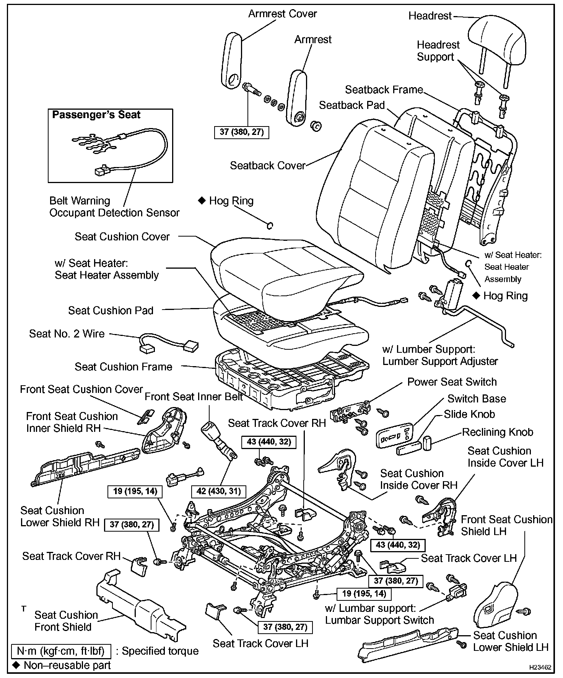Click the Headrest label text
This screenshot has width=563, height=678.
[x=430, y=16]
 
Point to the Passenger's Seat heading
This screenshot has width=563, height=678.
[x=96, y=115]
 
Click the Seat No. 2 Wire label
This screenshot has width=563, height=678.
[x=67, y=334]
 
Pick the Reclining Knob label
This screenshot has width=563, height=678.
[x=497, y=432]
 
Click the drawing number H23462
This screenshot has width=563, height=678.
[x=540, y=667]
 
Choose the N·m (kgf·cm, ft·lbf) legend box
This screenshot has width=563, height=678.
[x=61, y=651]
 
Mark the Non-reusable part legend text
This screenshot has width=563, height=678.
[x=67, y=665]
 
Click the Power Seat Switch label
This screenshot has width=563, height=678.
[x=452, y=382]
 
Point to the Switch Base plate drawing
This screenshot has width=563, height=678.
[x=394, y=435]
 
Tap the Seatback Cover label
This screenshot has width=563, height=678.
[x=267, y=165]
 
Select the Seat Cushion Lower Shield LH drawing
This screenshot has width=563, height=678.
[x=405, y=646]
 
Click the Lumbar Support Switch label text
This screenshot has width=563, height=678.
[x=379, y=620]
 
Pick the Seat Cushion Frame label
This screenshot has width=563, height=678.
[x=123, y=367]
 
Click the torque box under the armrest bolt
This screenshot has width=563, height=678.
[x=241, y=132]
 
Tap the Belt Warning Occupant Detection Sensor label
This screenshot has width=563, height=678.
[x=114, y=207]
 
